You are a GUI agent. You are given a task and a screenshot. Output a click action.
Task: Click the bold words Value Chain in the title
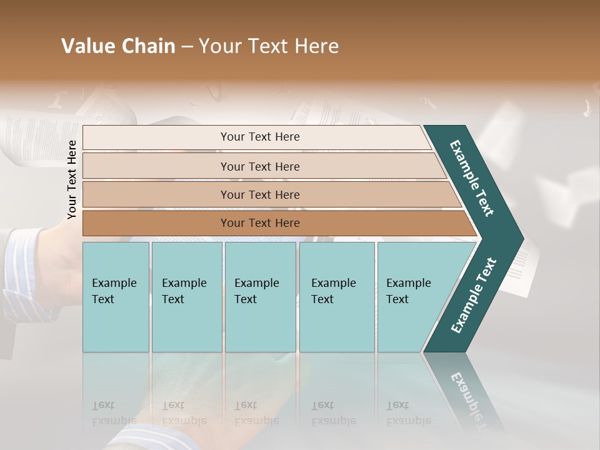[118, 46]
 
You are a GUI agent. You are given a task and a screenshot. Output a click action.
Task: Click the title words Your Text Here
[269, 46]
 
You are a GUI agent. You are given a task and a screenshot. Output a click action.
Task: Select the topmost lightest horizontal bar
[259, 137]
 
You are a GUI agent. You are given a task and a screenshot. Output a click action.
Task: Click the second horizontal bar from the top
[259, 166]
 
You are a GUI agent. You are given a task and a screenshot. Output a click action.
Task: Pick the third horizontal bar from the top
[259, 194]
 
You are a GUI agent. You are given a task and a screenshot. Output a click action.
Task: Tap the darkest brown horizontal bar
[259, 223]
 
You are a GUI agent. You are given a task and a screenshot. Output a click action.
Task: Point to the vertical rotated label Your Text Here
[72, 179]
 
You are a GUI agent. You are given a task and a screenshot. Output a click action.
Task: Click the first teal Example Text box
[116, 297]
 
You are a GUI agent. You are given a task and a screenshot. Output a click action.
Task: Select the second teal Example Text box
[186, 297]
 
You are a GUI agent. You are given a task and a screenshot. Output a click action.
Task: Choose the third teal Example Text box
[260, 297]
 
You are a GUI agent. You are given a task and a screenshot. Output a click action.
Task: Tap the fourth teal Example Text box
[336, 297]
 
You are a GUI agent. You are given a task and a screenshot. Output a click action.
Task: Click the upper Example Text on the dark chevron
[472, 178]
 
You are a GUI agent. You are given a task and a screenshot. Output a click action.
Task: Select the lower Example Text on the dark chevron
[473, 295]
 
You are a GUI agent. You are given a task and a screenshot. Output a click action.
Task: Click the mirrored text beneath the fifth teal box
[409, 413]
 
